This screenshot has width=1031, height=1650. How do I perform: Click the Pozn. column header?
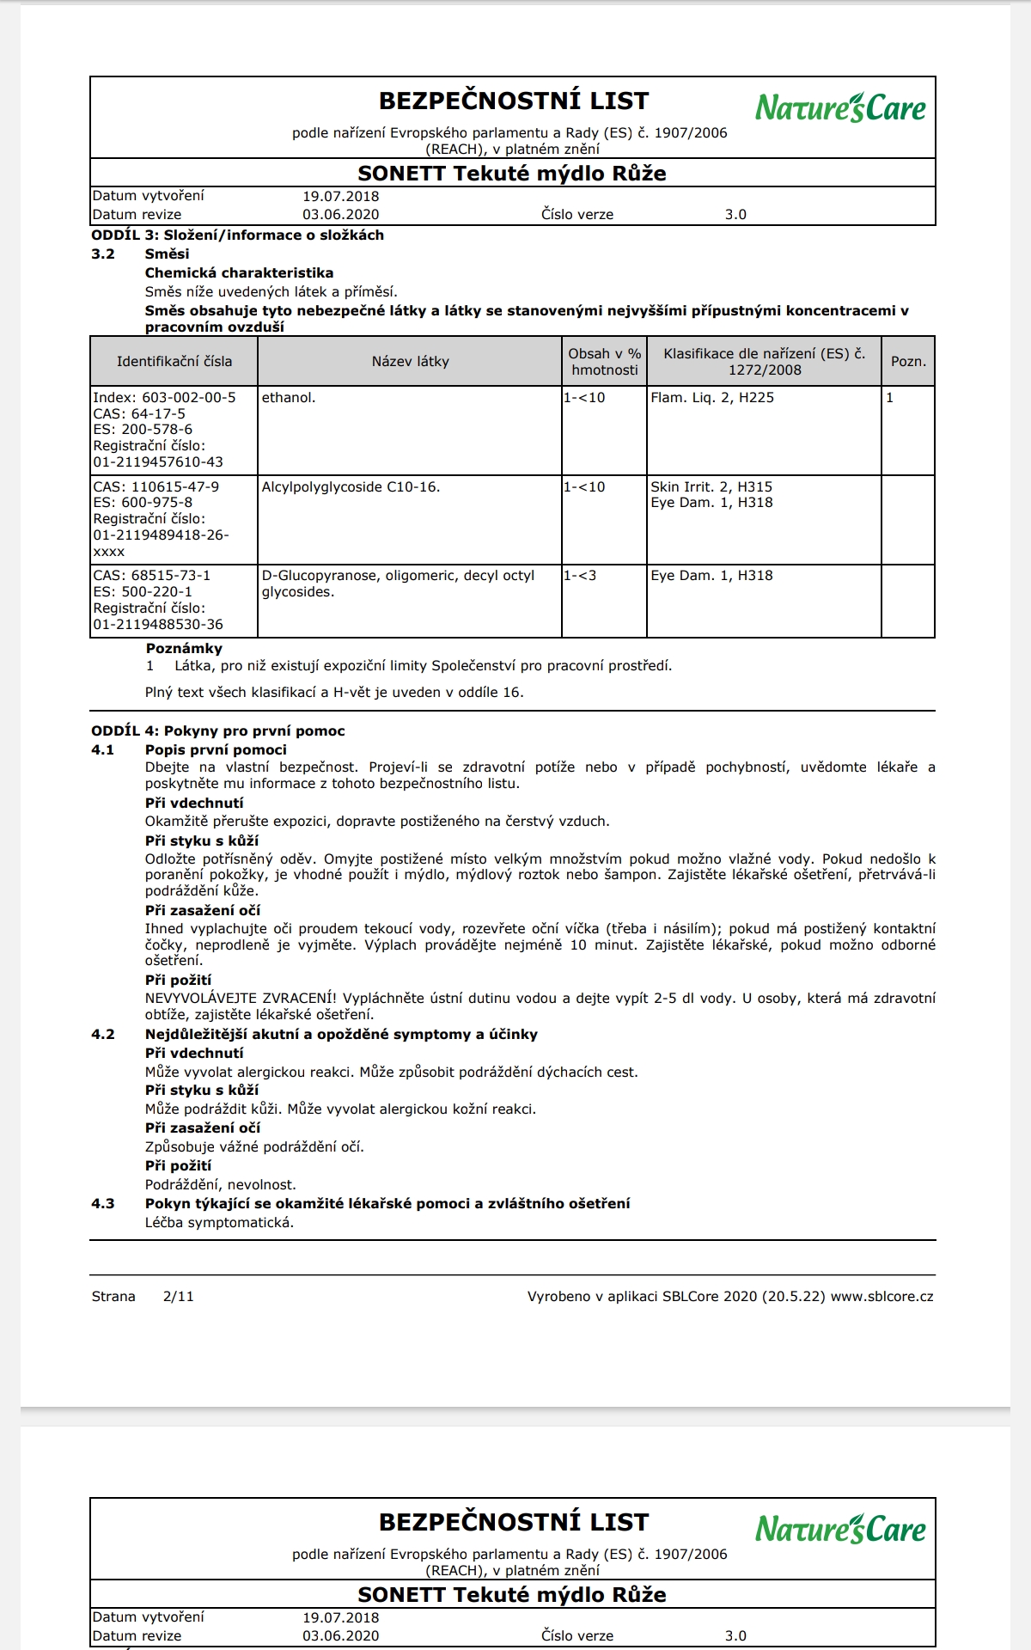908,362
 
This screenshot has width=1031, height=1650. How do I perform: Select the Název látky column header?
410,362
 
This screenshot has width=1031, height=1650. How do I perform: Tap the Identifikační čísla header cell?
174,362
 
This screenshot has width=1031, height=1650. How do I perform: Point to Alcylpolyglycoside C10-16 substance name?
351,487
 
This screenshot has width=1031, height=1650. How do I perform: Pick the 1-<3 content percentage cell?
580,576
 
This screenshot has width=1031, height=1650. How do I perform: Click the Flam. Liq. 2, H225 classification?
712,398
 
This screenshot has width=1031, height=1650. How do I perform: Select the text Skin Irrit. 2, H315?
711,487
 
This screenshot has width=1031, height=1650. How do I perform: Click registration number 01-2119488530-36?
158,625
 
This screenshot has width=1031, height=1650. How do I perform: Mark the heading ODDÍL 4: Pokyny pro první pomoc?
218,731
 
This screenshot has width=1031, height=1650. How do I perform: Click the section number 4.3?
103,1204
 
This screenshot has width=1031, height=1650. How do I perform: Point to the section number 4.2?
103,1035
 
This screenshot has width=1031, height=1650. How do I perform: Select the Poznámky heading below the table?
184,649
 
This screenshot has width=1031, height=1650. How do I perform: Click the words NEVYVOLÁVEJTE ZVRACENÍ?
241,999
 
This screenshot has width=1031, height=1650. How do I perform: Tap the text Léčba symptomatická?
219,1223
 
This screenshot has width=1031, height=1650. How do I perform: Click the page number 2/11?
179,1297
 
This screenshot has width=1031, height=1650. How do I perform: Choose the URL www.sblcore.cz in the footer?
882,1297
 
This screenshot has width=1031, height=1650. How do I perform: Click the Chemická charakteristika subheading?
239,273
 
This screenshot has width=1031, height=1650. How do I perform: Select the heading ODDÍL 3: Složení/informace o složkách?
238,235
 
